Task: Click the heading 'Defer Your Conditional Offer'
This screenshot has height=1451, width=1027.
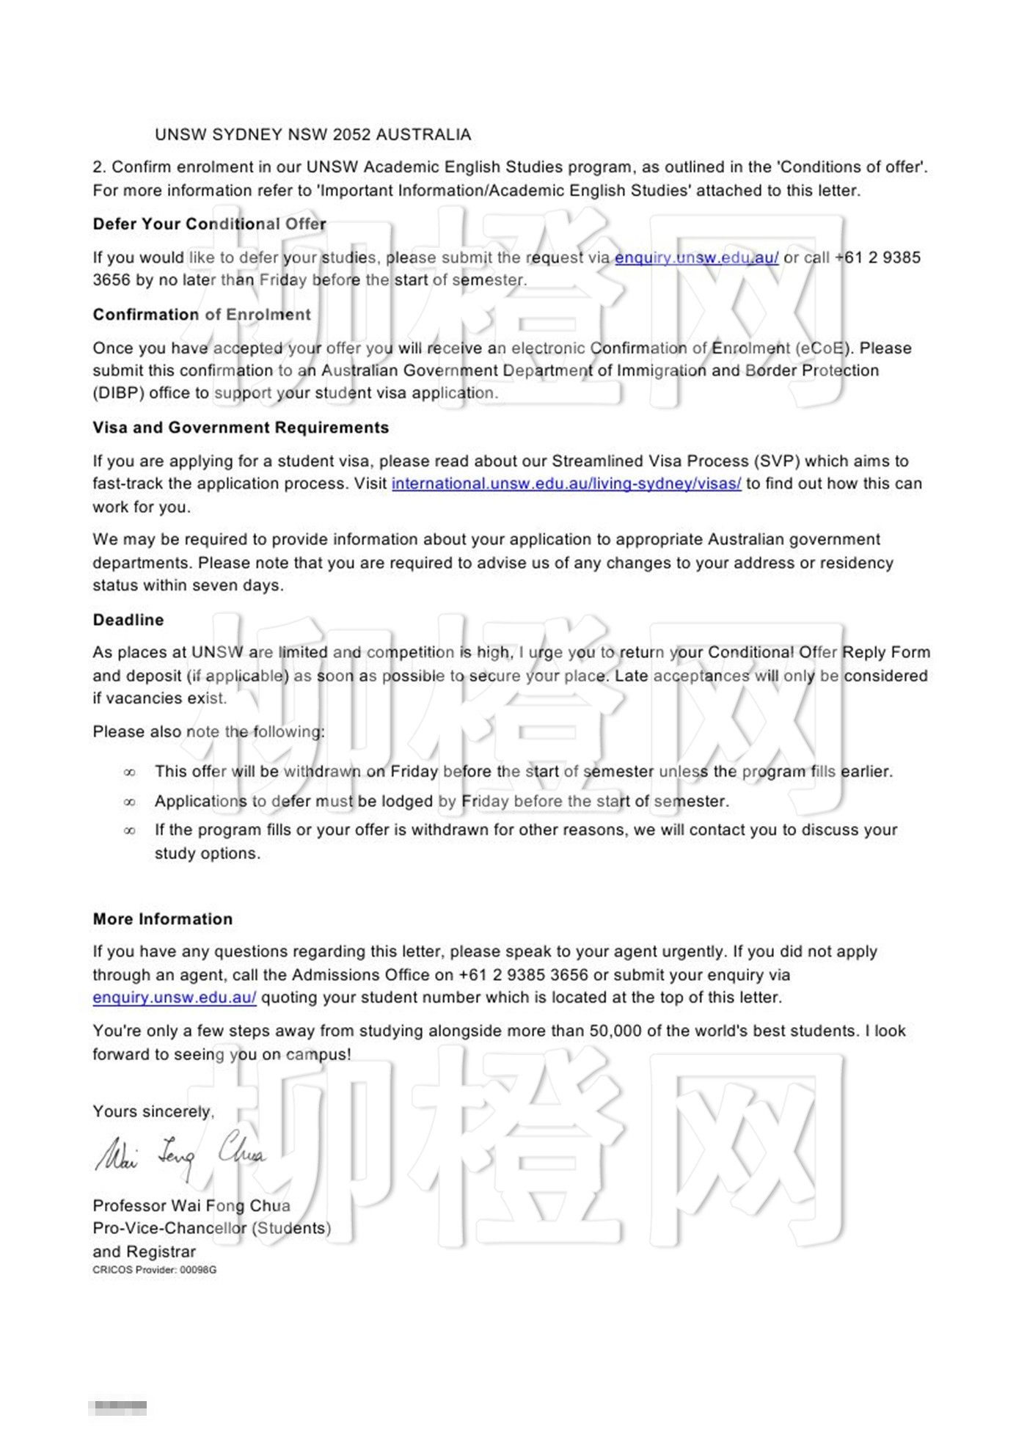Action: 209,224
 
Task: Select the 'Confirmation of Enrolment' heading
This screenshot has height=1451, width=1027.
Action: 202,315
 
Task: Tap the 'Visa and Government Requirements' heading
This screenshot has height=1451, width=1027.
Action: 241,428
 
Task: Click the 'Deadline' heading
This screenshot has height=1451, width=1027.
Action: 128,620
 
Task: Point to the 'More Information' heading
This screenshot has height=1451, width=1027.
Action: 163,919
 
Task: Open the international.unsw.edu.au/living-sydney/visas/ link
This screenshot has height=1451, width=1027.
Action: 566,483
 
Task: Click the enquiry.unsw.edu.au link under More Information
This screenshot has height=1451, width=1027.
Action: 175,998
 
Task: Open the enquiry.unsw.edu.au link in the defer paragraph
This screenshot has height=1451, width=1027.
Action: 696,257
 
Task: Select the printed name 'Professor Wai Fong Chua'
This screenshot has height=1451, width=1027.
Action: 191,1206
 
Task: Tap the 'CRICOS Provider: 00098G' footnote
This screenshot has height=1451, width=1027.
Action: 155,1270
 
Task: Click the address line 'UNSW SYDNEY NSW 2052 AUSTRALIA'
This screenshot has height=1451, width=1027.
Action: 313,135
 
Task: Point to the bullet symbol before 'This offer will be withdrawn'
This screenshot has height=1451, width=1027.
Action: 130,772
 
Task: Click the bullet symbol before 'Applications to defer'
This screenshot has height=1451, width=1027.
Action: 130,803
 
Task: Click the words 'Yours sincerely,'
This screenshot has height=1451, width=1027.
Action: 153,1112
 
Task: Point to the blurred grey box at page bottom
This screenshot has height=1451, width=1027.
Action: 117,1408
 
